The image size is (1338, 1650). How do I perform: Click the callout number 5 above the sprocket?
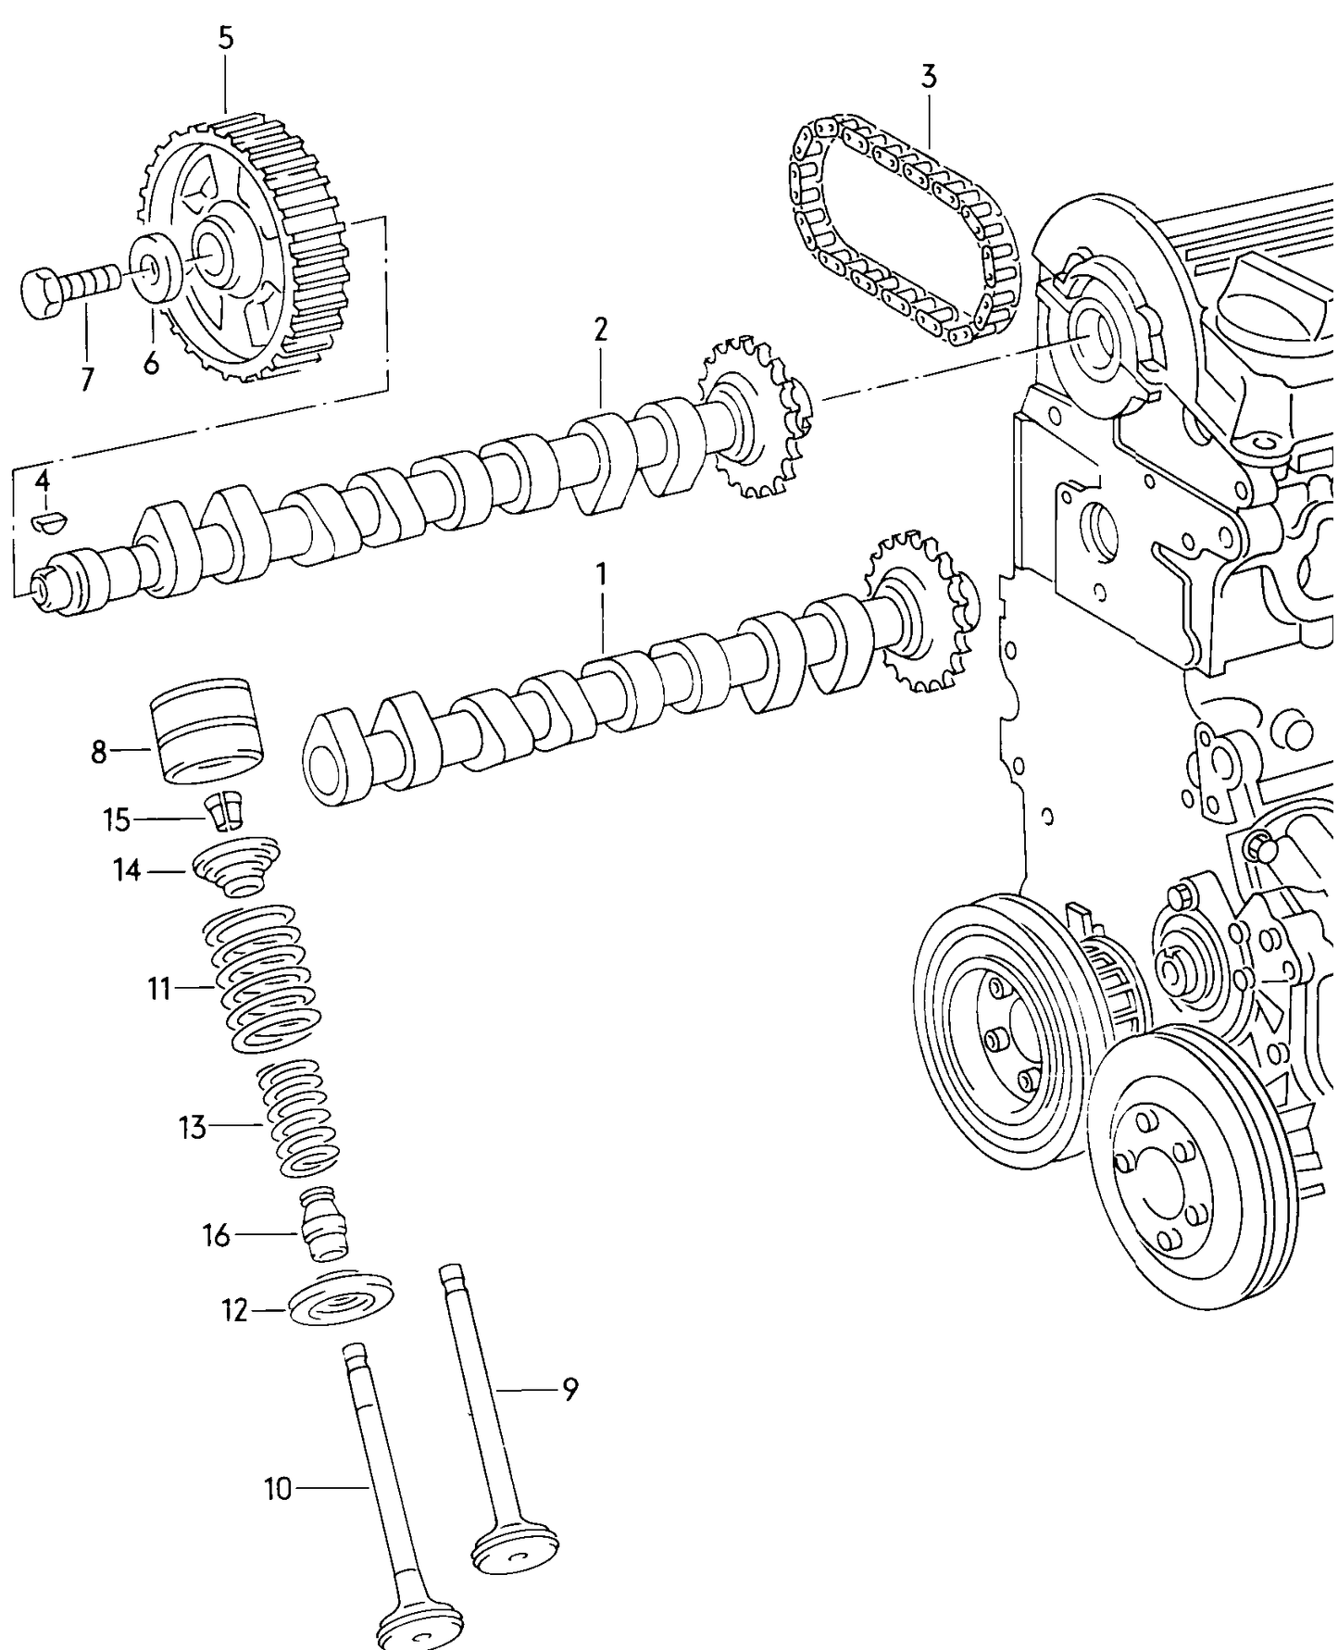click(x=226, y=38)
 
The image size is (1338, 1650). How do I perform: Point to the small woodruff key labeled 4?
click(x=45, y=521)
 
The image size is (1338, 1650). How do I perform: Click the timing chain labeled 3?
click(x=903, y=231)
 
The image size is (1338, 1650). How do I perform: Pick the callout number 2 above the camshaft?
click(x=601, y=329)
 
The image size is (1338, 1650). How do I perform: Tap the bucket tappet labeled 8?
click(x=208, y=731)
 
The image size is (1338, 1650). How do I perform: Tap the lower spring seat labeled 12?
click(x=341, y=1304)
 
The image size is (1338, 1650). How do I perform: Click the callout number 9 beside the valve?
click(x=570, y=1389)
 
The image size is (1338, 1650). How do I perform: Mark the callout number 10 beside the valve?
click(x=278, y=1489)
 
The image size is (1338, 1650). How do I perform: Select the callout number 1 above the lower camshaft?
click(x=602, y=575)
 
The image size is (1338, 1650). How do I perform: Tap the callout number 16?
click(x=216, y=1235)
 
